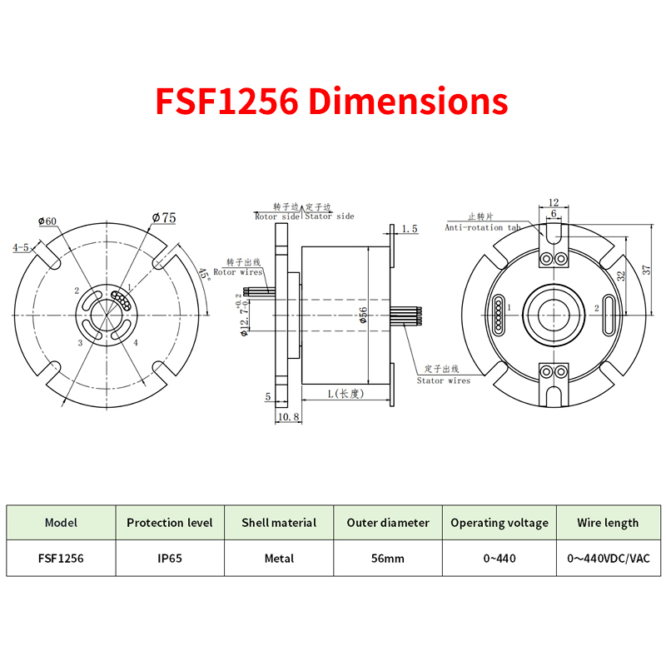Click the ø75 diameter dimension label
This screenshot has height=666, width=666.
click(164, 218)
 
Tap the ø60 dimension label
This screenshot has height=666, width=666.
click(47, 221)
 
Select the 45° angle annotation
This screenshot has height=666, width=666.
click(205, 275)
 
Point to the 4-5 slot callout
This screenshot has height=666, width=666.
click(20, 247)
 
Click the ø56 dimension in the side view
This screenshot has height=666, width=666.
click(363, 316)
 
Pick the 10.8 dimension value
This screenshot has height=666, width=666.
click(288, 417)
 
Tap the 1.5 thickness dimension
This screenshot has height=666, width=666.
click(410, 229)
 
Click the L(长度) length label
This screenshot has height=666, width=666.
click(345, 394)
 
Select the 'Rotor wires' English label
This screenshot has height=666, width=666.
click(238, 272)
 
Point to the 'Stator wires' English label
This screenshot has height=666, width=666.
click(444, 380)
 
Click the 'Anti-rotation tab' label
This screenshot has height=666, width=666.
click(483, 227)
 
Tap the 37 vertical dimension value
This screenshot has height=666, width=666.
click(646, 270)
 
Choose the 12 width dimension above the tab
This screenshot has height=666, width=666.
click(554, 202)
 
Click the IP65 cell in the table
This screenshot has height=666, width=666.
click(170, 558)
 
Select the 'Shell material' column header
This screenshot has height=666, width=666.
click(279, 523)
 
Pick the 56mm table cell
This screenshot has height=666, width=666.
click(388, 558)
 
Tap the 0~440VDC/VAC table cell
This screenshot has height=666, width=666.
click(609, 558)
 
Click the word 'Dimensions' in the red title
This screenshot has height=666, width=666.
click(408, 101)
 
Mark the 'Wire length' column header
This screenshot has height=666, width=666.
click(608, 523)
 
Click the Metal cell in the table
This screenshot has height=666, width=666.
click(279, 558)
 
